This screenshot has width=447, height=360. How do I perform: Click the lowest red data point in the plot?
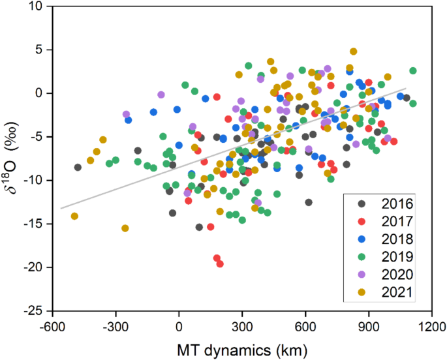pos(220,263)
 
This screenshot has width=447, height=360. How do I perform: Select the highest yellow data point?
pos(353,52)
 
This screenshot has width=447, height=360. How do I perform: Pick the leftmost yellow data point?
pos(74,216)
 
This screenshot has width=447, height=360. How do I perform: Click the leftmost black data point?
pos(78,167)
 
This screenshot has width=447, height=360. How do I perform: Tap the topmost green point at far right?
pos(412,70)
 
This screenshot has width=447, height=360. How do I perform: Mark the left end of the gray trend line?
pos(61,209)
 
